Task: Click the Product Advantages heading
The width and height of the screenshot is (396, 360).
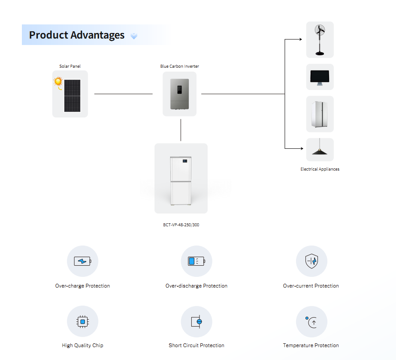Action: [77, 35]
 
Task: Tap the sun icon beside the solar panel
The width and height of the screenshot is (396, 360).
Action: [58, 82]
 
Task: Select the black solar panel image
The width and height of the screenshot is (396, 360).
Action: [72, 96]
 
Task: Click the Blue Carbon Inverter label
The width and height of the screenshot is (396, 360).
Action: [180, 66]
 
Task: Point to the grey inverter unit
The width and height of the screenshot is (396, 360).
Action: [180, 94]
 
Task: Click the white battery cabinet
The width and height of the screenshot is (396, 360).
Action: [181, 180]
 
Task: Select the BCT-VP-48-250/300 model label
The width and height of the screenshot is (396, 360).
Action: [181, 225]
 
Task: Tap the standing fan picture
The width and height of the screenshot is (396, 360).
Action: [320, 39]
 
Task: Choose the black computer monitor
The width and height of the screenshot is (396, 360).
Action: [320, 78]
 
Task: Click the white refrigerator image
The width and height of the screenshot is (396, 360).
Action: [320, 114]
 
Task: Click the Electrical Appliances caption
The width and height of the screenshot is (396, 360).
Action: [320, 169]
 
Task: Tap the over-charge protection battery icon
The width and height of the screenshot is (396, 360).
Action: [82, 261]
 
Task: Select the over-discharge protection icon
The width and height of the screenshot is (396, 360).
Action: [196, 261]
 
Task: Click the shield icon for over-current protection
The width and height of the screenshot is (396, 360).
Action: [311, 261]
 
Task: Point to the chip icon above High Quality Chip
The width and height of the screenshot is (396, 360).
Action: [82, 322]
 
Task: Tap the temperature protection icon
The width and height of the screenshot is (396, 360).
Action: [311, 322]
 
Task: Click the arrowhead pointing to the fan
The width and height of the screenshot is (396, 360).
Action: [300, 39]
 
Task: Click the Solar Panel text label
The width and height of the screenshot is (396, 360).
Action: [70, 66]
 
